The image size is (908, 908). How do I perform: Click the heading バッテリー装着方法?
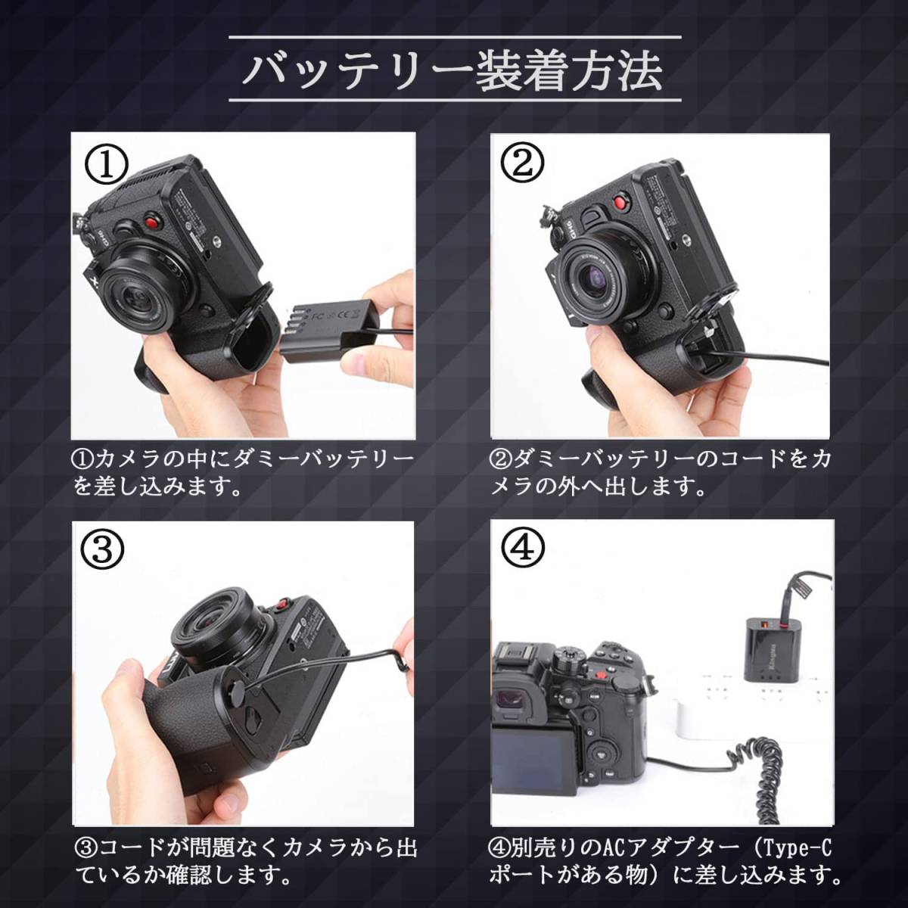(x=454, y=70)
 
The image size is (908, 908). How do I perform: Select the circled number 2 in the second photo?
(x=521, y=162)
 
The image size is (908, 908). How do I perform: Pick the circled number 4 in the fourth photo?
(x=522, y=548)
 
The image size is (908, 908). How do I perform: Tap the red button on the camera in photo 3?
(x=283, y=602)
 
